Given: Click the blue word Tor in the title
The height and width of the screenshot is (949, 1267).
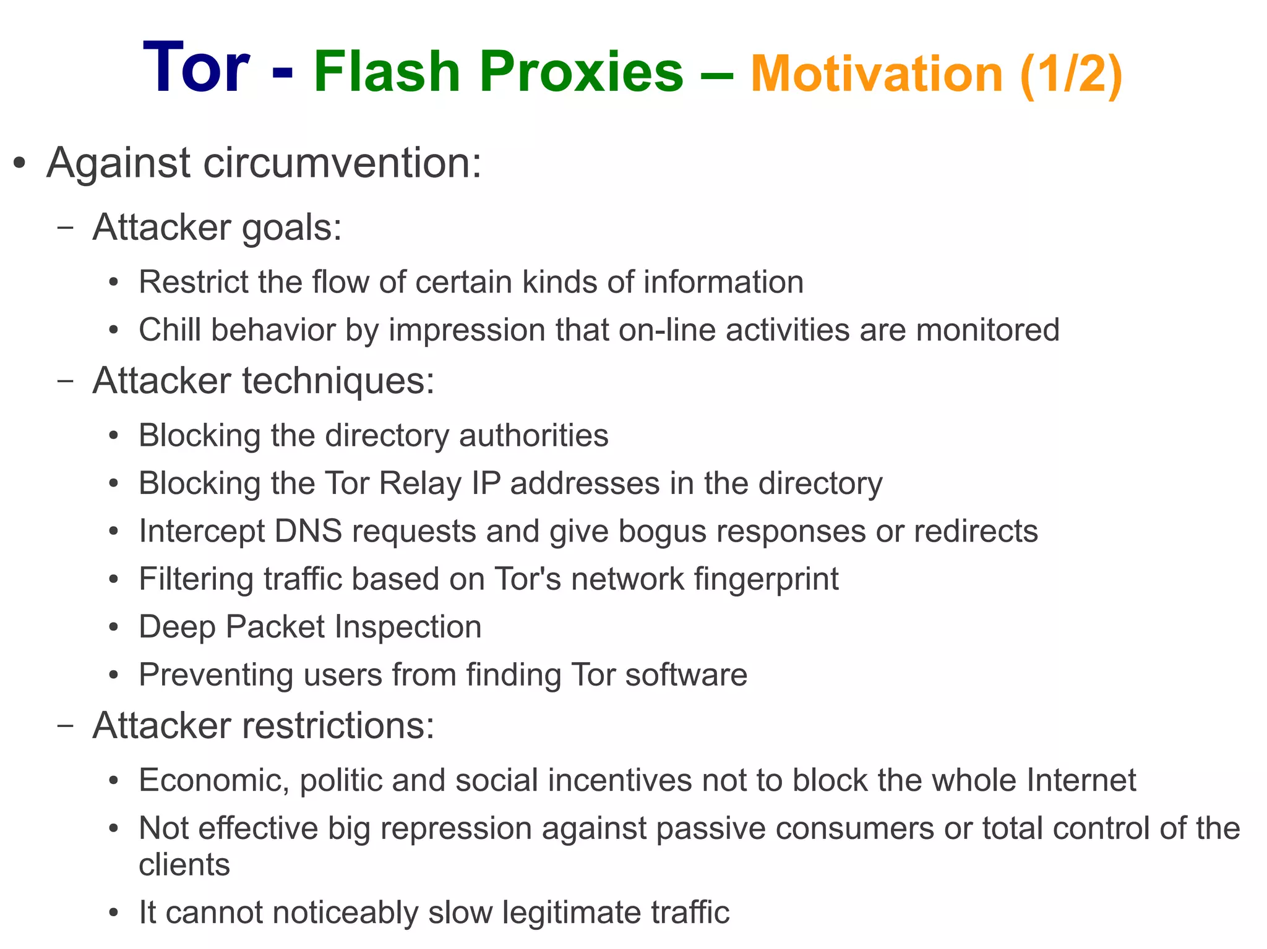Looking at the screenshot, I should [195, 68].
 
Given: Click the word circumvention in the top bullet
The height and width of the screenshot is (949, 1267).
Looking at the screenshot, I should [341, 163].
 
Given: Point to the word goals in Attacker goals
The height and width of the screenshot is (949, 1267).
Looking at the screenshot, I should [291, 228].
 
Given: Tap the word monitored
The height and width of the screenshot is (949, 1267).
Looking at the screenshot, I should [987, 330].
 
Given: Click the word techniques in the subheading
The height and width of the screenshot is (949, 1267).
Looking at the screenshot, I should [338, 380].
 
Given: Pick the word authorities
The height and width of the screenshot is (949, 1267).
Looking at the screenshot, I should [533, 435].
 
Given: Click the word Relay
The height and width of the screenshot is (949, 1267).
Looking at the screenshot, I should [420, 483].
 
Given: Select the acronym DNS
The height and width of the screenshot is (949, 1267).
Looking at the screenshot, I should [308, 531].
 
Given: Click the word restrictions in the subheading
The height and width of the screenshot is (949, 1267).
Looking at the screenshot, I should [338, 725].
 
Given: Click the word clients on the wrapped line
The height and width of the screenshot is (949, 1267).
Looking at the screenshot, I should [184, 864].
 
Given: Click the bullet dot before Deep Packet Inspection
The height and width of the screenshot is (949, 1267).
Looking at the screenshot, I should [113, 628].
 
